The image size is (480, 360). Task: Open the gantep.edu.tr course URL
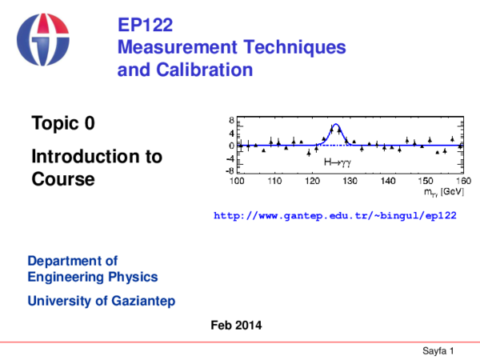coord(334,217)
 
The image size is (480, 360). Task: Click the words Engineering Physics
coord(93,277)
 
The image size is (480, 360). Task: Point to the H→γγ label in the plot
coord(337,162)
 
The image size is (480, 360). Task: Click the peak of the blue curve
coord(336,125)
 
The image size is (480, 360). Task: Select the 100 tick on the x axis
coord(238,182)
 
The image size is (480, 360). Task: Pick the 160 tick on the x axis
coord(463,182)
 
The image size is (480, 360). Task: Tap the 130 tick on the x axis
coord(350,182)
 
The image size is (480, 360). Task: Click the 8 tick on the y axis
coord(231,122)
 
